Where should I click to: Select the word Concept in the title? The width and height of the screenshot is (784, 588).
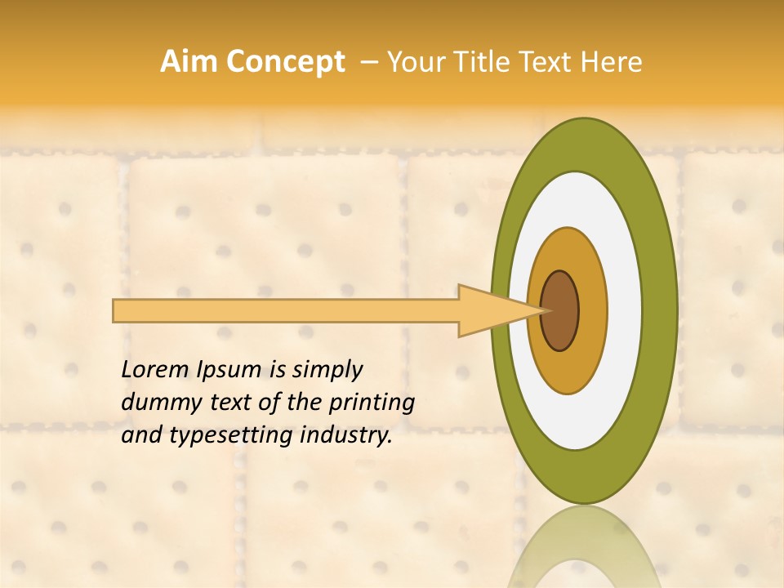[x=286, y=63]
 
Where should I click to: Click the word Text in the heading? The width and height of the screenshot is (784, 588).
[x=546, y=62]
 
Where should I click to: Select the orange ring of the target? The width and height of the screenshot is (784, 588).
[x=593, y=310]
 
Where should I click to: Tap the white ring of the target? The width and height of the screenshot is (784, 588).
[x=625, y=310]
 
